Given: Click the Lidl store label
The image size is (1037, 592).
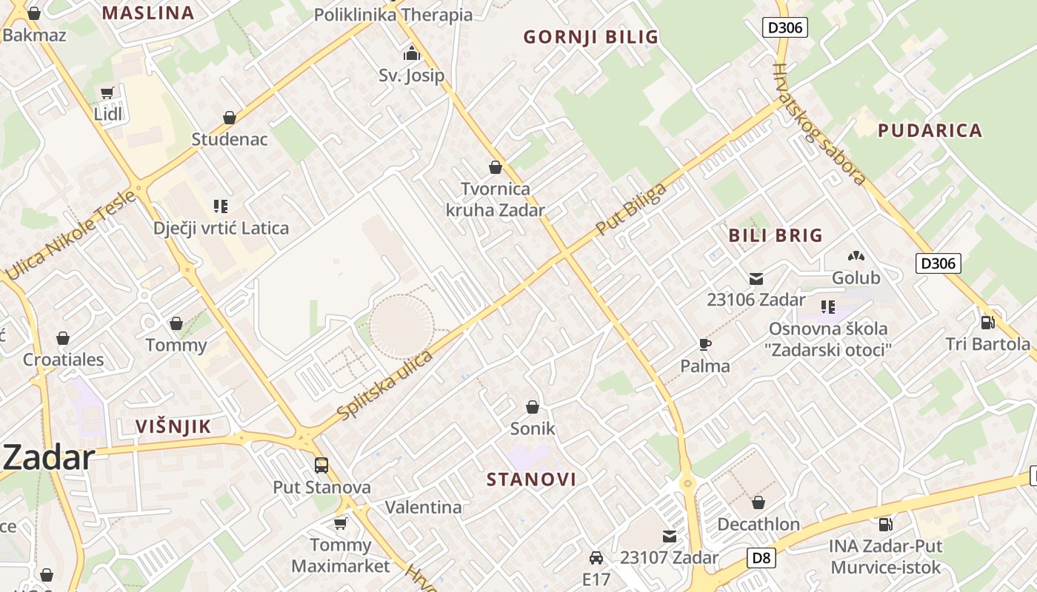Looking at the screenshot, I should pyautogui.click(x=108, y=114).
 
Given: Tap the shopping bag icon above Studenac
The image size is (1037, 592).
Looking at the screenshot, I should pyautogui.click(x=230, y=118).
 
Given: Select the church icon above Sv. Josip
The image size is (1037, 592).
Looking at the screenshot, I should pyautogui.click(x=411, y=53).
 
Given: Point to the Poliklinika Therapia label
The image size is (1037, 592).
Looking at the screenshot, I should pyautogui.click(x=393, y=15).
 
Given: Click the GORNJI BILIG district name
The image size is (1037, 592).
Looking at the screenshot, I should pyautogui.click(x=591, y=37).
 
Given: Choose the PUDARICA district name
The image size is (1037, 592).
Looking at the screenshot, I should pyautogui.click(x=930, y=131).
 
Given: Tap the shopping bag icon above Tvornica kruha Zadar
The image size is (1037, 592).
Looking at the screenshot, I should pyautogui.click(x=495, y=168).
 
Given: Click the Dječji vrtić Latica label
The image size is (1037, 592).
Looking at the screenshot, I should pyautogui.click(x=221, y=228).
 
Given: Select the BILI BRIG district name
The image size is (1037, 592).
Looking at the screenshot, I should pyautogui.click(x=776, y=235).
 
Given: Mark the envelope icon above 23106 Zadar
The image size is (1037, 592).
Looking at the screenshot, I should pyautogui.click(x=756, y=279).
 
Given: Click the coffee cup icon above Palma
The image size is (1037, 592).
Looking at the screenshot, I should pyautogui.click(x=705, y=345).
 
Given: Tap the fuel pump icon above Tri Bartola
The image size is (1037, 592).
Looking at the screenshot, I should pyautogui.click(x=987, y=323).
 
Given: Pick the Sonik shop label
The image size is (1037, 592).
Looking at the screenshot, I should pyautogui.click(x=533, y=428).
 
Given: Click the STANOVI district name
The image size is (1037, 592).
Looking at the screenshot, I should pyautogui.click(x=531, y=479).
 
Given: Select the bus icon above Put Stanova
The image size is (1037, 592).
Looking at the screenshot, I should pyautogui.click(x=321, y=465).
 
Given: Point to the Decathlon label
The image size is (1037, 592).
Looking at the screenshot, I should pyautogui.click(x=758, y=525).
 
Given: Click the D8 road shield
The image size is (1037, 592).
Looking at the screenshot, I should pyautogui.click(x=761, y=558).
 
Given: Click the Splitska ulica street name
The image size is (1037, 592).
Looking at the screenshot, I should pyautogui.click(x=385, y=386).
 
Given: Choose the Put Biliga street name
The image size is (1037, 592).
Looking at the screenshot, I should pyautogui.click(x=631, y=209).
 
